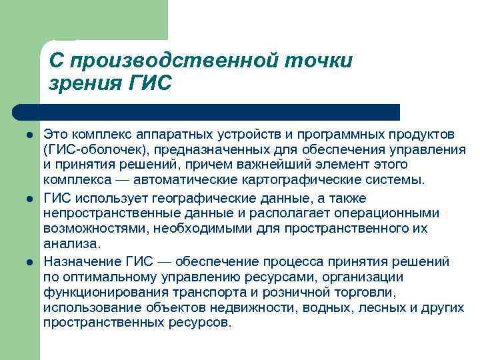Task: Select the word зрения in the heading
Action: tap(83, 85)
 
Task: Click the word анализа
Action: tap(71, 244)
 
